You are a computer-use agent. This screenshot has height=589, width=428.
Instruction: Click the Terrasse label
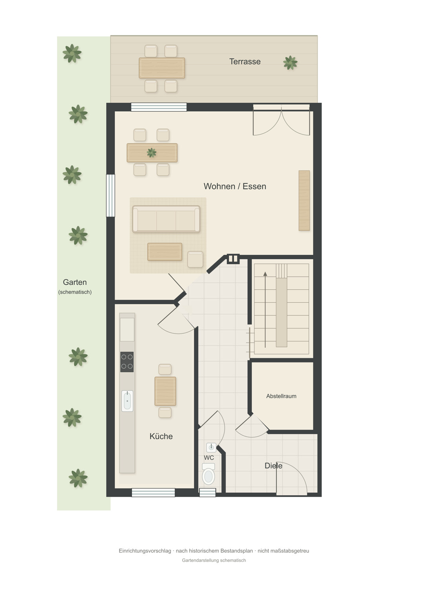245,62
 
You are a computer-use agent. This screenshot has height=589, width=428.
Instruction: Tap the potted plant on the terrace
290,62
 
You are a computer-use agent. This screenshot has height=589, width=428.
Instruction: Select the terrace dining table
162,68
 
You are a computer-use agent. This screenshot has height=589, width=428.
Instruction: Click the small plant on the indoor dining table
152,152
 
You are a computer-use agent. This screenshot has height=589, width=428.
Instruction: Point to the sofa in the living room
166,219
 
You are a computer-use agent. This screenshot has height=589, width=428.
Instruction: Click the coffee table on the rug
165,252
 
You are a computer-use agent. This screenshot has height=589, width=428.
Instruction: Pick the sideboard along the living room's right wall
304,201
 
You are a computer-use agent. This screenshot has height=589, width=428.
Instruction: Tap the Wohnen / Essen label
235,186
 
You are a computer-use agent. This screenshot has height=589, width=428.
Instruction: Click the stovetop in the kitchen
127,362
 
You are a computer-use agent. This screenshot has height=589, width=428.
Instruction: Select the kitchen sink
127,401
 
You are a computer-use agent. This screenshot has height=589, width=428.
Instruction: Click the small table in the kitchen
165,391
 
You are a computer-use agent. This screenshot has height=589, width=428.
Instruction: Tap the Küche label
161,436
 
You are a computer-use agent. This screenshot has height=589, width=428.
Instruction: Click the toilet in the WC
209,474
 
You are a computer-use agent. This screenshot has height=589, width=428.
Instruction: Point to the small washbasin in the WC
211,447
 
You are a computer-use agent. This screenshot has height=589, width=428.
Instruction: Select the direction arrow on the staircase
265,310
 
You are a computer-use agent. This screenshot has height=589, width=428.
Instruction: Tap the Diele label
273,466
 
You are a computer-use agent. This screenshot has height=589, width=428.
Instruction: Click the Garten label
75,282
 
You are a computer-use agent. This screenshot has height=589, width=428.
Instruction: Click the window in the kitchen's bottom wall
153,492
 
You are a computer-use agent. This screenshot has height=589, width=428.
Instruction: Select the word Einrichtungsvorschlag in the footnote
145,551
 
